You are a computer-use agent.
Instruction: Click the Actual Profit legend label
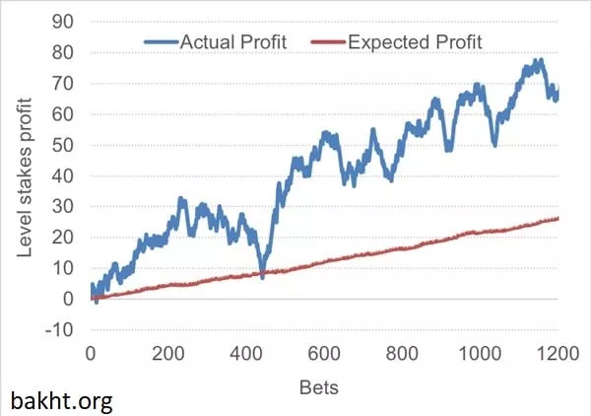click(231, 41)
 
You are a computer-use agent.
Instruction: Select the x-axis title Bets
click(319, 386)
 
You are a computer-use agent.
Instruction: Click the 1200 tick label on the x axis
click(558, 355)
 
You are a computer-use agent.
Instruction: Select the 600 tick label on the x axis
click(324, 355)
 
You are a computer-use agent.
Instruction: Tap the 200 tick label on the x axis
click(168, 355)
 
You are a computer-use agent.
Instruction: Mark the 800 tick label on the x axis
click(402, 355)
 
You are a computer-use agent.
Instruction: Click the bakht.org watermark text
click(62, 401)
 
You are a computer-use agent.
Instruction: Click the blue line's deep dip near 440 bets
click(262, 275)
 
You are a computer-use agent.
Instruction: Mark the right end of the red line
click(558, 219)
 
